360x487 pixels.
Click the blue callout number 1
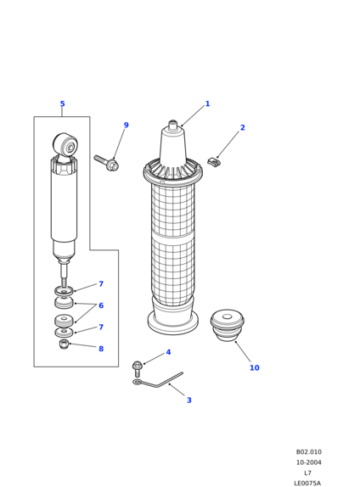point(207,104)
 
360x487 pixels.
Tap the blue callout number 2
point(243,127)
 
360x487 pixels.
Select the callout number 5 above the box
point(62,104)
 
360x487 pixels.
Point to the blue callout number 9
point(126,125)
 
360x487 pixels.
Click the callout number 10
point(255,367)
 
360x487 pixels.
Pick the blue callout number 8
point(101,349)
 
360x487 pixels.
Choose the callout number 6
point(101,305)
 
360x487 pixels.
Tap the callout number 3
point(189,400)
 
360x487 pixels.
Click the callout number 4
point(168,352)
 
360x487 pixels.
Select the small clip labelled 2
point(214,162)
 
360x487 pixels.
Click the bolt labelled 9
point(106,163)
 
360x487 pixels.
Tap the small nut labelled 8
point(64,344)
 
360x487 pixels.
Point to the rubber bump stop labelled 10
point(227,325)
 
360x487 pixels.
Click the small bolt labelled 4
point(137,369)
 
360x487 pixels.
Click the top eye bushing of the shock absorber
point(65,144)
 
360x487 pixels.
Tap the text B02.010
point(309,452)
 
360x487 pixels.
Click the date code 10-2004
point(309,462)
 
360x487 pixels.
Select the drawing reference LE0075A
point(307,484)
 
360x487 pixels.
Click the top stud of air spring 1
point(173,125)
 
